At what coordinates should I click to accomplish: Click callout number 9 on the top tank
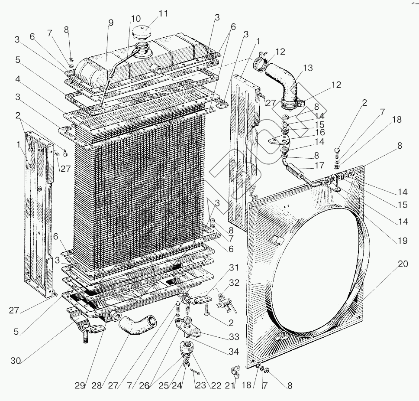(111, 23)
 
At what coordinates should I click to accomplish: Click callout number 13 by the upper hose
(308, 68)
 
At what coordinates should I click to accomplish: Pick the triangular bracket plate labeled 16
(277, 142)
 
